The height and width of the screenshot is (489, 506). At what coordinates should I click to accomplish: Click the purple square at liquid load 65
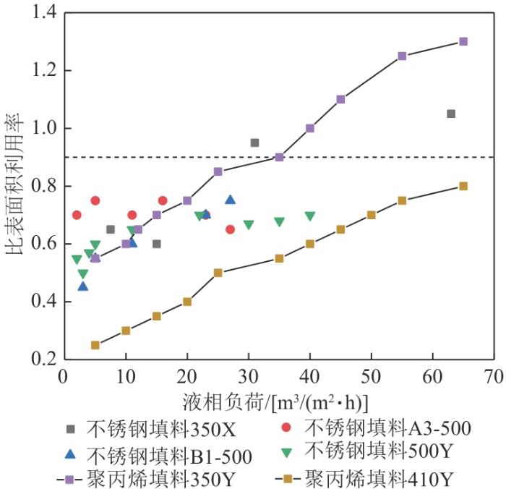pyautogui.click(x=463, y=41)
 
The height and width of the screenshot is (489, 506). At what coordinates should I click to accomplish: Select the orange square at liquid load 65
pyautogui.click(x=463, y=186)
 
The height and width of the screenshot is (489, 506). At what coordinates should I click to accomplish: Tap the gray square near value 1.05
pyautogui.click(x=451, y=114)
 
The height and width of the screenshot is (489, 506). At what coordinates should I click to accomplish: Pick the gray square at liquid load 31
pyautogui.click(x=254, y=143)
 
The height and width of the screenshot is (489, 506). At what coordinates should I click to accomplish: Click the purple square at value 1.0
pyautogui.click(x=310, y=128)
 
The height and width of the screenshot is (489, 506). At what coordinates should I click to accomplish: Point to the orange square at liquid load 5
pyautogui.click(x=95, y=345)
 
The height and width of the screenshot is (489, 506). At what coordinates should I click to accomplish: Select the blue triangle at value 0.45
pyautogui.click(x=83, y=286)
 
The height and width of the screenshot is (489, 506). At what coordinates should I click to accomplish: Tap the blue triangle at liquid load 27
pyautogui.click(x=230, y=200)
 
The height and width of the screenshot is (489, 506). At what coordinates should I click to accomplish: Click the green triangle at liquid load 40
pyautogui.click(x=310, y=216)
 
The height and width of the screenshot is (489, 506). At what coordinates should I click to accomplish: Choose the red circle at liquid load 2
pyautogui.click(x=77, y=215)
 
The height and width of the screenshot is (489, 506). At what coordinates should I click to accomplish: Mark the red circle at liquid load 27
pyautogui.click(x=230, y=229)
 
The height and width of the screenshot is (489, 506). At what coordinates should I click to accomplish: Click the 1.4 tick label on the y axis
pyautogui.click(x=44, y=12)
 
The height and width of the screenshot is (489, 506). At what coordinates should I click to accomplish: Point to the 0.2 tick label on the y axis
pyautogui.click(x=44, y=359)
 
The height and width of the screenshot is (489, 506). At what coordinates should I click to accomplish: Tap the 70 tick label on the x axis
pyautogui.click(x=494, y=377)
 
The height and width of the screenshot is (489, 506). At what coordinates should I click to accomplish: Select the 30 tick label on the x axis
pyautogui.click(x=249, y=377)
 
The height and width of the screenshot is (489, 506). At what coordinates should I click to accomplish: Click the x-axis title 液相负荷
pyautogui.click(x=223, y=403)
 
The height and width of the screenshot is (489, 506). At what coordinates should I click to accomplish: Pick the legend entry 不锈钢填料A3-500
pyautogui.click(x=376, y=428)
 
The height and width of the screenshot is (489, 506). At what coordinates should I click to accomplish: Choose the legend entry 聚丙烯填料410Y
pyautogui.click(x=364, y=479)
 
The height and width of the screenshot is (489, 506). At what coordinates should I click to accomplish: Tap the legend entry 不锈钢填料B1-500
pyautogui.click(x=158, y=456)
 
